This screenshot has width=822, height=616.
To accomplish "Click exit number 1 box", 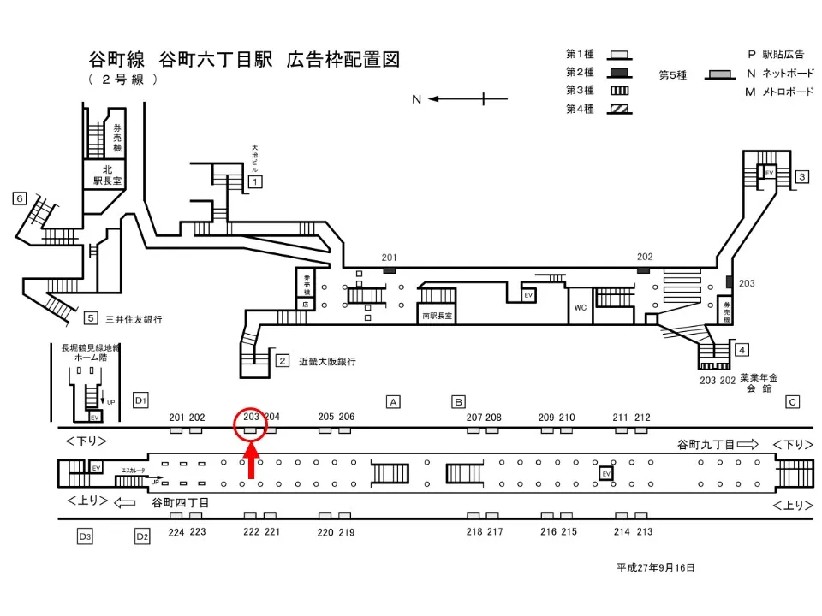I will (254, 181).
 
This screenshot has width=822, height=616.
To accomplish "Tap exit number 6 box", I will (20, 198).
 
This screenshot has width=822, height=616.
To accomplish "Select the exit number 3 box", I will (802, 177).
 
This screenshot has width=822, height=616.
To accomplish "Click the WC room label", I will (581, 306).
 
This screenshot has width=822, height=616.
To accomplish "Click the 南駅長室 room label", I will (437, 316).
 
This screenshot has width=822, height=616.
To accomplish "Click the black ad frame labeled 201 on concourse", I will (390, 270).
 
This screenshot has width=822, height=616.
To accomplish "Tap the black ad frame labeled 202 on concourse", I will (643, 270).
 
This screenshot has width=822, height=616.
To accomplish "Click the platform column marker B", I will (458, 401).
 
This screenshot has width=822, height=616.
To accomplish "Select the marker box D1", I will (141, 400).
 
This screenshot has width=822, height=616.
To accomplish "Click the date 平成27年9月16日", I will (655, 568).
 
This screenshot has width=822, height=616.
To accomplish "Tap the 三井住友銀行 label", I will (134, 320).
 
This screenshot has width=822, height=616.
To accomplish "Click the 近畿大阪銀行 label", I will (327, 362).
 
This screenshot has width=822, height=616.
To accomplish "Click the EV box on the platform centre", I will (606, 473).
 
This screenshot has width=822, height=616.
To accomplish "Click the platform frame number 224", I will (176, 531).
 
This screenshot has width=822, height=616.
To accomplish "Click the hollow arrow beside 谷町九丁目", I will (748, 444).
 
